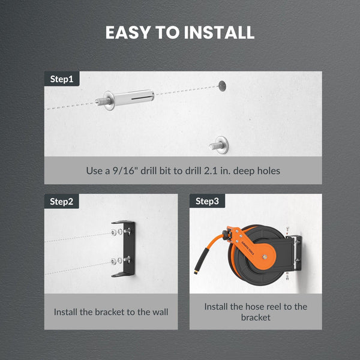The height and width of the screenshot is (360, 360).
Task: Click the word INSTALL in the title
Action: (x=219, y=32)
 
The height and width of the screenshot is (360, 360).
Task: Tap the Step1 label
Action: (x=62, y=79)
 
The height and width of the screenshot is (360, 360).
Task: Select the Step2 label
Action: (x=61, y=202)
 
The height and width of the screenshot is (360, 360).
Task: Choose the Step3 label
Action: (x=207, y=201)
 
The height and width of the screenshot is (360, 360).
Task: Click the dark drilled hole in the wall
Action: (x=222, y=86)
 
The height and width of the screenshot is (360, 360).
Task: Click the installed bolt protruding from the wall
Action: (x=219, y=145)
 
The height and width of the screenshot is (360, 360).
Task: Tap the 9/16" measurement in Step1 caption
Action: (x=123, y=170)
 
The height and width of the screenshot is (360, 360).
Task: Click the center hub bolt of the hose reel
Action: (x=265, y=257)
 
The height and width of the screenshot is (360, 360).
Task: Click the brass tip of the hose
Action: (x=196, y=272)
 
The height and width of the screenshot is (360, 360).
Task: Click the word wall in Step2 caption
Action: (x=160, y=312)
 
